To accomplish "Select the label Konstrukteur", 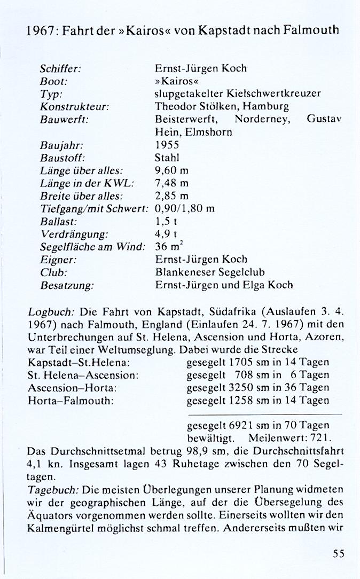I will [74, 106].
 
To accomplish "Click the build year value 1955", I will [167, 145].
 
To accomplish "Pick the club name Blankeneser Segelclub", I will [210, 272].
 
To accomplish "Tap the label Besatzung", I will [67, 285].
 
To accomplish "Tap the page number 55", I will [339, 554].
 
